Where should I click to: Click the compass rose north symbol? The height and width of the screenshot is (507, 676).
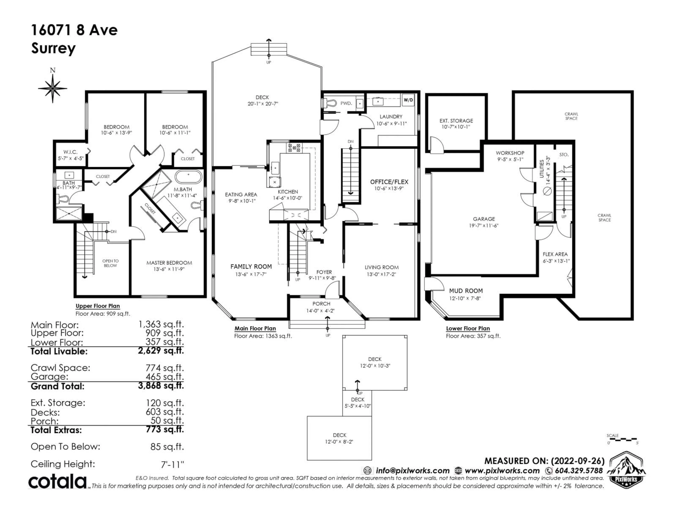pyautogui.click(x=53, y=87)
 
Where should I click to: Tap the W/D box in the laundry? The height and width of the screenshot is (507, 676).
pyautogui.click(x=408, y=100)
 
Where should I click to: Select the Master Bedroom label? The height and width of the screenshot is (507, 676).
pyautogui.click(x=169, y=263)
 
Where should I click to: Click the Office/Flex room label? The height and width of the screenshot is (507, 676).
pyautogui.click(x=389, y=182)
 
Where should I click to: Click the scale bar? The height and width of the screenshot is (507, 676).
pyautogui.click(x=622, y=439)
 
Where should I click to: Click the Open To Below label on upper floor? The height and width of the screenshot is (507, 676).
pyautogui.click(x=110, y=263)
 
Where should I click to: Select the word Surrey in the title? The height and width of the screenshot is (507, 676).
pyautogui.click(x=54, y=48)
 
